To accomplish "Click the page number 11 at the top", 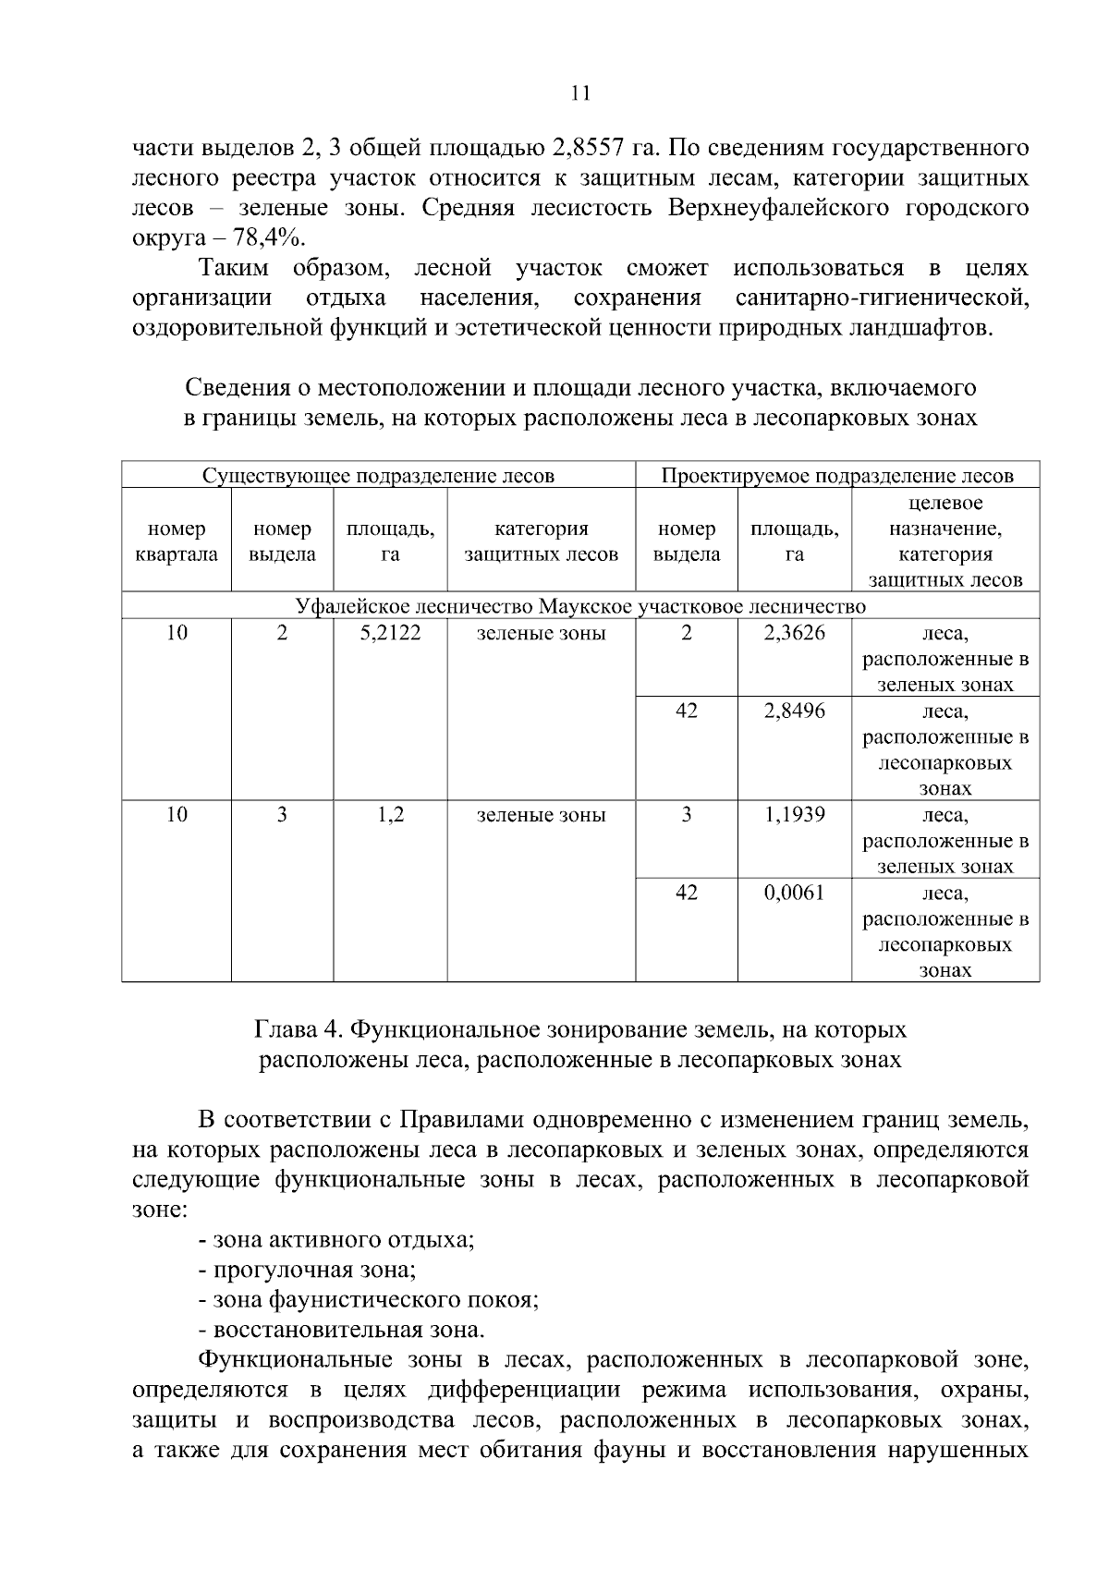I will tap(580, 93).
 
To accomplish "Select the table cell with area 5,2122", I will tap(390, 633).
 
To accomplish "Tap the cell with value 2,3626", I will tap(795, 633).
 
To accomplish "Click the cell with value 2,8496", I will tap(795, 711).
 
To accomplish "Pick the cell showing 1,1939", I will tap(795, 814).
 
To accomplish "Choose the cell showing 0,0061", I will tap(795, 893).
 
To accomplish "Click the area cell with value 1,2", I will tap(390, 814).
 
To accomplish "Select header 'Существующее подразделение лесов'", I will tap(379, 476).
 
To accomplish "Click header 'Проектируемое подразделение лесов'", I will tap(837, 476).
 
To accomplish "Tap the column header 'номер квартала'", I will tap(177, 541).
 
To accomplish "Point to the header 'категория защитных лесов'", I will tap(542, 541).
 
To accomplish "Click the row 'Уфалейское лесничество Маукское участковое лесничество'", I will tap(580, 606).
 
